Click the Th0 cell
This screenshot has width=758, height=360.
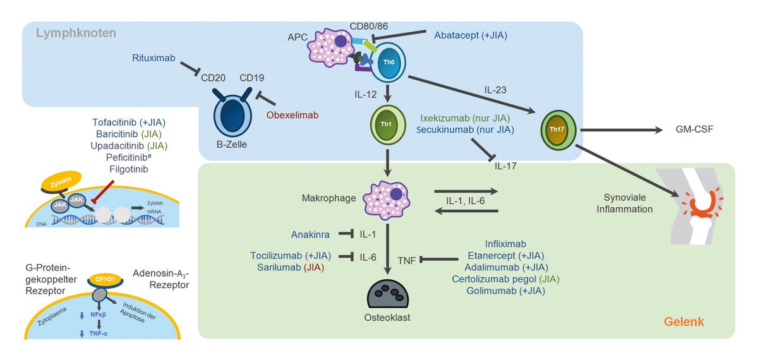click(x=387, y=63)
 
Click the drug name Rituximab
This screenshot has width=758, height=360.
click(x=153, y=59)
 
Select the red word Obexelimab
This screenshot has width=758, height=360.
click(x=292, y=115)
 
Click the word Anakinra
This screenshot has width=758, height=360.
click(x=310, y=234)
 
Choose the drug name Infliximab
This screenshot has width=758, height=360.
click(x=505, y=243)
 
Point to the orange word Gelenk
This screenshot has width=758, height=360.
click(x=683, y=323)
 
